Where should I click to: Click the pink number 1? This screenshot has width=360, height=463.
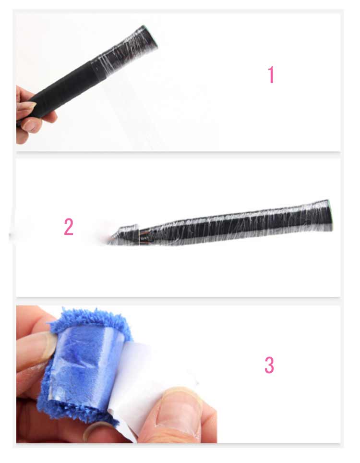(271, 75)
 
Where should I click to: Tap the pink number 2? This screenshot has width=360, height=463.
(69, 227)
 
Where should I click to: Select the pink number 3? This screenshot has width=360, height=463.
(269, 365)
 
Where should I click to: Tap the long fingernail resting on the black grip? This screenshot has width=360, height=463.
(27, 105)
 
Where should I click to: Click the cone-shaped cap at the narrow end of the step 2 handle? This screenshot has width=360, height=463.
(124, 235)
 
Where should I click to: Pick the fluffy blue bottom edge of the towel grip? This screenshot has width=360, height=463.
(74, 411)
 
